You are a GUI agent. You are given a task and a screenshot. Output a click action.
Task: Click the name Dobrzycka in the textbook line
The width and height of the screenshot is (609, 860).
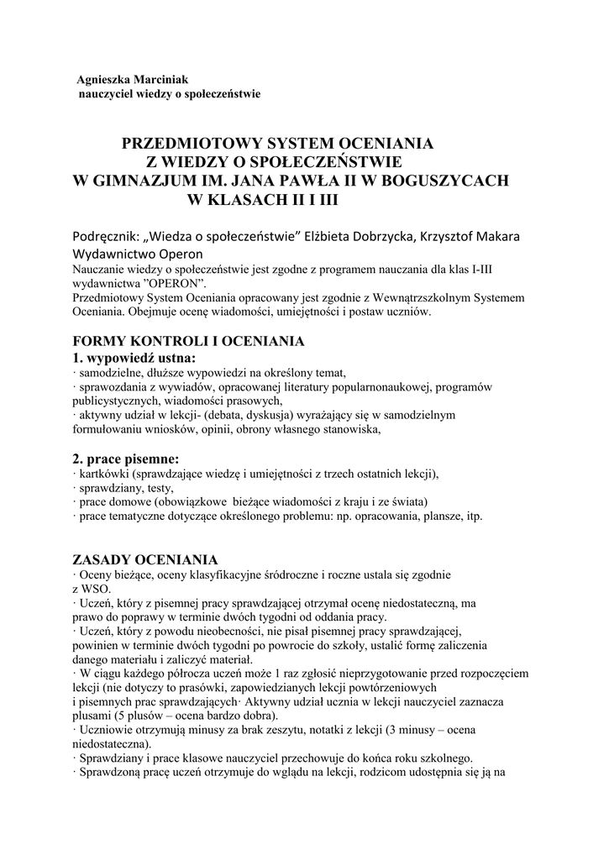pyautogui.click(x=377, y=236)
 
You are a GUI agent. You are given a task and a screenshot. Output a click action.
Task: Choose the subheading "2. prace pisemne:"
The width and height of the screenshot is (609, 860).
pyautogui.click(x=126, y=459)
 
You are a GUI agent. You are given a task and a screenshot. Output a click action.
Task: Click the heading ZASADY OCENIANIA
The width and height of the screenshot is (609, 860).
pyautogui.click(x=145, y=560)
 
